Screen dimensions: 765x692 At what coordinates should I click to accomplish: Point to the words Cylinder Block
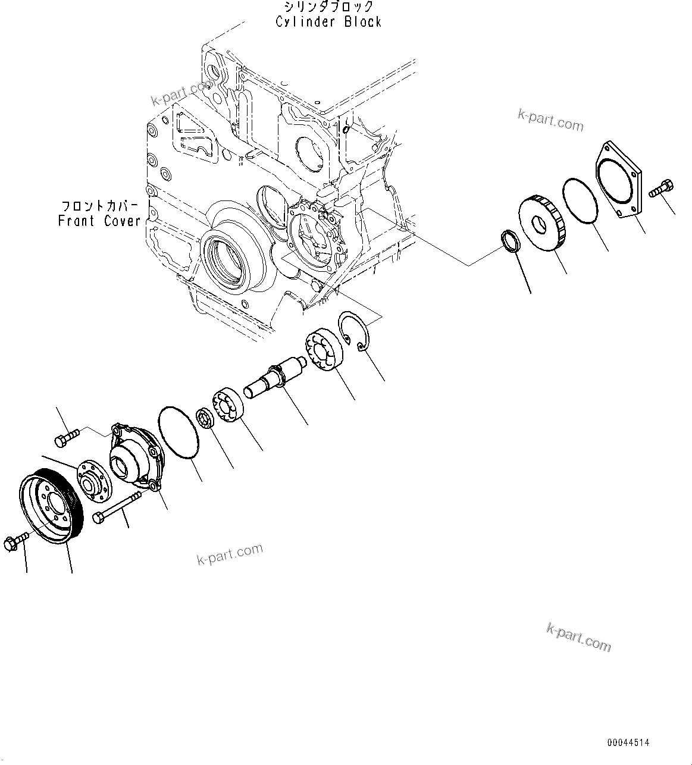pos(328,22)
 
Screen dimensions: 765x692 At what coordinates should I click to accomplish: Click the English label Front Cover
pos(99,221)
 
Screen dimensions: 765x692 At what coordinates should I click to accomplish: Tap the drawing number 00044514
pos(628,743)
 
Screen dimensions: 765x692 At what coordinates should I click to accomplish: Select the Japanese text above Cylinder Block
pos(328,7)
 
